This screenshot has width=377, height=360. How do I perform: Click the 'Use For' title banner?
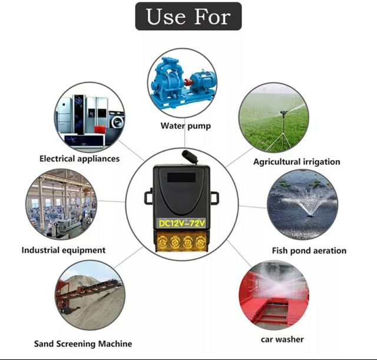point(188,16)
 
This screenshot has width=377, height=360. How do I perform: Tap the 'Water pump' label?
point(186,125)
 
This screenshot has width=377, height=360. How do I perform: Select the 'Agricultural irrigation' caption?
point(297,161)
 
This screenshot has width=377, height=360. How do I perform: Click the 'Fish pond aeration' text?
point(309,250)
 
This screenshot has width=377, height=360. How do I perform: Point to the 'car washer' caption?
point(282,339)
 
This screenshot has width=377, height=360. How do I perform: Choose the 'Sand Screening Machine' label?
point(83,344)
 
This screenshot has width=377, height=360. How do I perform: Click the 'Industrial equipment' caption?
point(64,250)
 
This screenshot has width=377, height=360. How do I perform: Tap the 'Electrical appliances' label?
point(80,158)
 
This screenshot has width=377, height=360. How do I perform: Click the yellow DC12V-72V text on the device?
point(182,223)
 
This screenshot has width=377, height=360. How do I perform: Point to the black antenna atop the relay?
point(189,157)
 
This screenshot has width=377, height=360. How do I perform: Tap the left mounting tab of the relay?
point(148,196)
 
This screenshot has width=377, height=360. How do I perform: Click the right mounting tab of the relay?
point(214,197)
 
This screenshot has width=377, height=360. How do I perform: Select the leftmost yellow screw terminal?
point(163,242)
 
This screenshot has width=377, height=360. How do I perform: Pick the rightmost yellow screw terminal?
point(200,242)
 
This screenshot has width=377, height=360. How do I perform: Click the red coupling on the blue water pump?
point(187,82)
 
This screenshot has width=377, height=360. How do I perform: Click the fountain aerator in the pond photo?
point(310,215)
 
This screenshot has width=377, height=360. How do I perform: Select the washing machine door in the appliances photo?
point(118,122)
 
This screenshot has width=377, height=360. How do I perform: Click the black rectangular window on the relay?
point(181,177)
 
